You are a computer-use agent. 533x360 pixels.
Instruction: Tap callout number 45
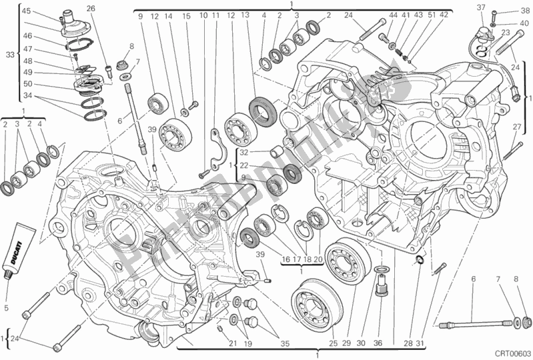(x=25, y=11)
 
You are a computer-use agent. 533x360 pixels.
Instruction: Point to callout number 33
(x=8, y=55)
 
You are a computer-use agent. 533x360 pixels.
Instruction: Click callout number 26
(x=91, y=9)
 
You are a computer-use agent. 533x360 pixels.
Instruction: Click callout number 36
(x=379, y=343)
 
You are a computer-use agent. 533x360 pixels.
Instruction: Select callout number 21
(x=232, y=343)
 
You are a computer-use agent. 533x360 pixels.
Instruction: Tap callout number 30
(x=361, y=343)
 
